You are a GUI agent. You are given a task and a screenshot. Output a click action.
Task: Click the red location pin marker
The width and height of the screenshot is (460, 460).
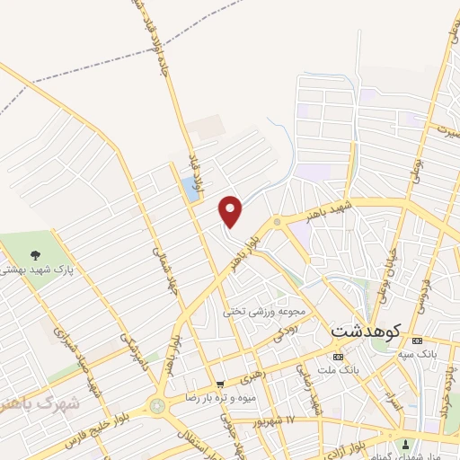click(x=231, y=210)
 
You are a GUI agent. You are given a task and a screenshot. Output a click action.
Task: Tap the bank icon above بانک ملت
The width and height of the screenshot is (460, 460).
click(x=337, y=357)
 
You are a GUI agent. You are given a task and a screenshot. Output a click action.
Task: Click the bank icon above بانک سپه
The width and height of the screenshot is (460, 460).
click(x=415, y=341)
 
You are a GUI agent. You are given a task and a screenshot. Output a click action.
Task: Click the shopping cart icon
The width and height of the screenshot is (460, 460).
click(x=219, y=383)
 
